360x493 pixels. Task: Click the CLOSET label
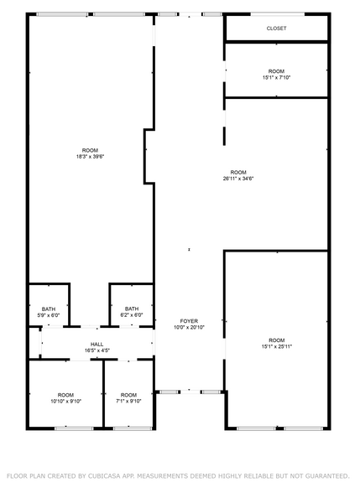point(276,29)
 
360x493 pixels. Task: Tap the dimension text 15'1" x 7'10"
point(276,78)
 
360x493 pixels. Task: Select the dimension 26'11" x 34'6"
point(238,178)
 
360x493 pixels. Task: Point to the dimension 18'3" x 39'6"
point(90,157)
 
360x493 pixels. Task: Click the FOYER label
point(189,321)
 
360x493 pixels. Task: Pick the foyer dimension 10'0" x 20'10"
point(189,328)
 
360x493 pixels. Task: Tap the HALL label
point(97,344)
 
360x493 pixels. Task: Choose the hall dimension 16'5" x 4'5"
point(97,350)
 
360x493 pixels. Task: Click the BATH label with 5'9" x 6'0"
point(49,309)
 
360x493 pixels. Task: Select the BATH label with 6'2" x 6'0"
point(132,309)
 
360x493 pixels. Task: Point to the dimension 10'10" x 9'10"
point(65,401)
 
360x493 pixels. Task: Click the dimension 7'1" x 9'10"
point(128,401)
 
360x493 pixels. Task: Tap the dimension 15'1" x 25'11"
point(276,346)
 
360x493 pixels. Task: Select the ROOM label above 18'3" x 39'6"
point(90,150)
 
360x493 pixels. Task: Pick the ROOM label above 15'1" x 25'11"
point(276,340)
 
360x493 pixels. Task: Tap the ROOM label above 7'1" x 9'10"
point(128,394)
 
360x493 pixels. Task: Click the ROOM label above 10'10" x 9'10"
point(65,394)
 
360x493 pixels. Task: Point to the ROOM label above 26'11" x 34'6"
point(238,171)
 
